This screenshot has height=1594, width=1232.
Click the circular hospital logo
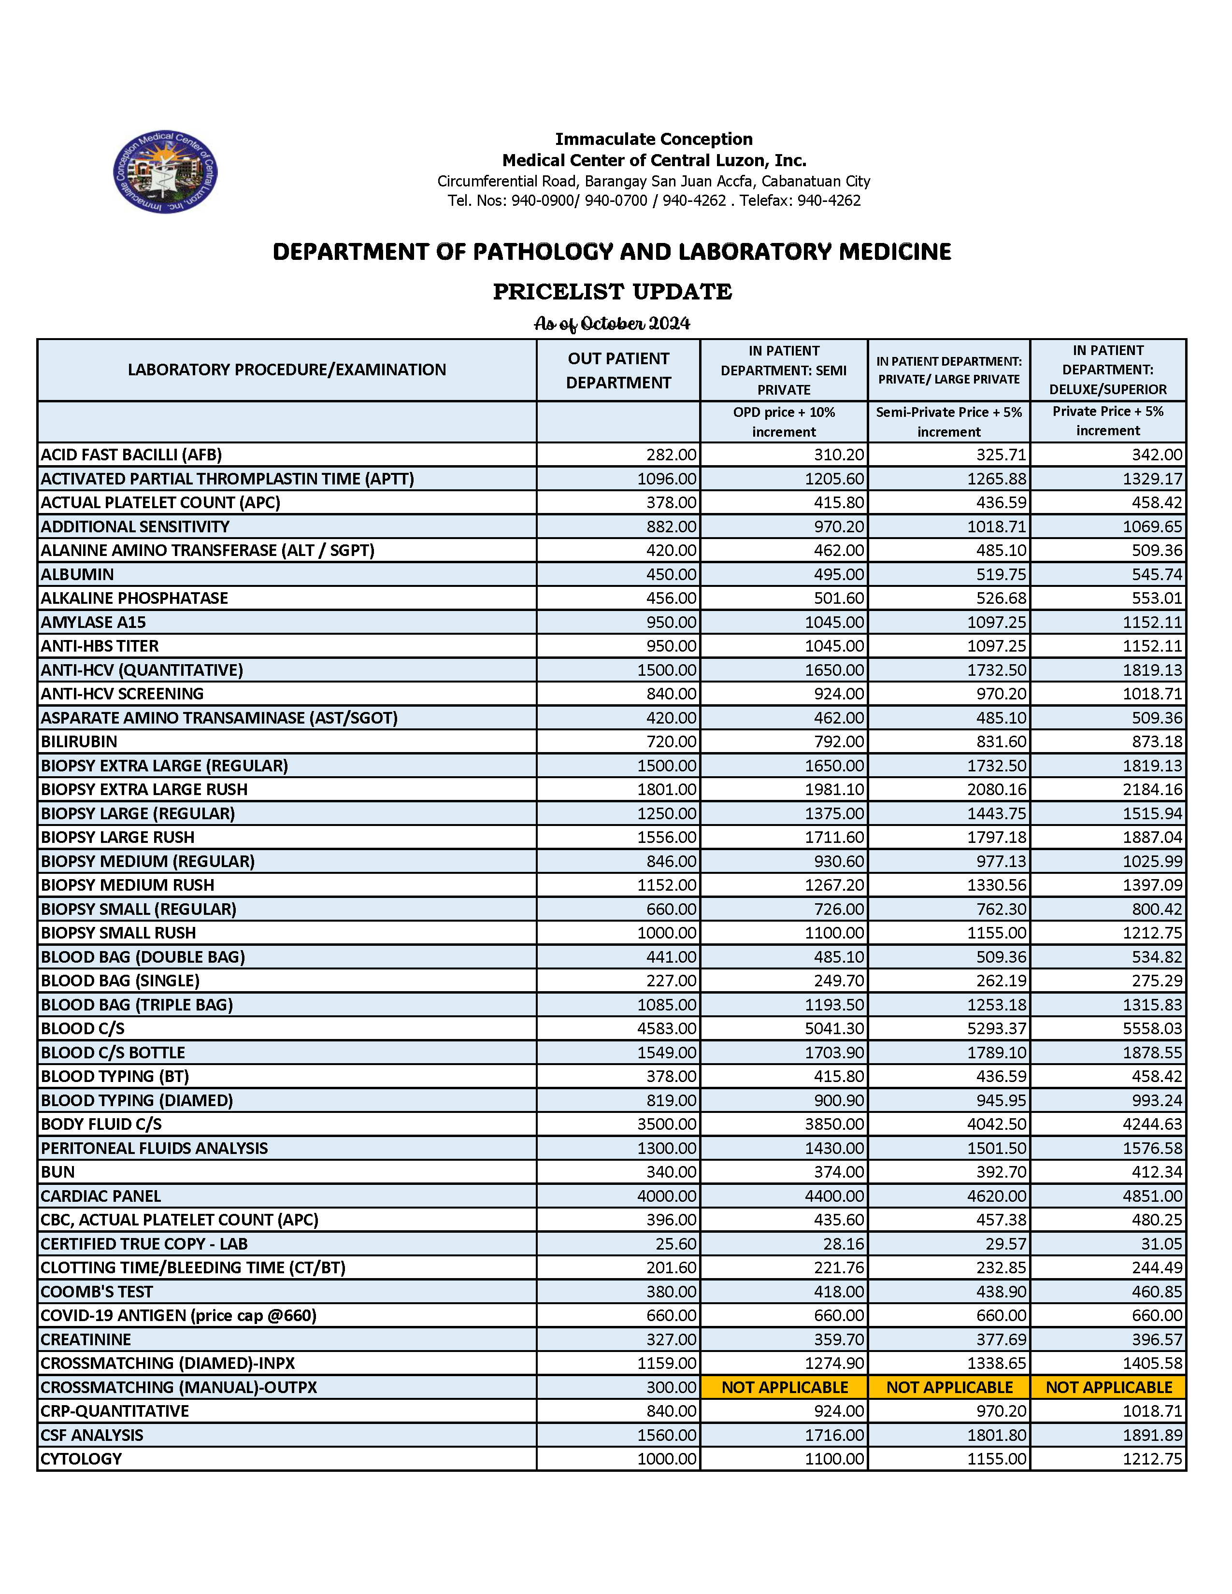[165, 172]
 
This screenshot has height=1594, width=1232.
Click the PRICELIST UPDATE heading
[612, 291]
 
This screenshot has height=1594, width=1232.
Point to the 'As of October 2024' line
[612, 323]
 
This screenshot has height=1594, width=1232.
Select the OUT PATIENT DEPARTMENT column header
[618, 370]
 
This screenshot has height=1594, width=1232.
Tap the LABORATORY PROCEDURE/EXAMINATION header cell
[287, 370]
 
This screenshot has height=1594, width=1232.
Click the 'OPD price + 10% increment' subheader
[784, 422]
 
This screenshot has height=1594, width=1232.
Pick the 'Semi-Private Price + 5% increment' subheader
[949, 422]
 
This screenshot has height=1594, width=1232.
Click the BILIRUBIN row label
[79, 741]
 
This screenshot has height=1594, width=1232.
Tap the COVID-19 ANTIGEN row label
[179, 1315]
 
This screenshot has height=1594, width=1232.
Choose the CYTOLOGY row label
[81, 1458]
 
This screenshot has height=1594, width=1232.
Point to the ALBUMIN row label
[77, 574]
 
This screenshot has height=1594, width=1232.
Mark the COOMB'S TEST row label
[97, 1292]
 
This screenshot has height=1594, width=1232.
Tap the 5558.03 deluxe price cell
[1152, 1028]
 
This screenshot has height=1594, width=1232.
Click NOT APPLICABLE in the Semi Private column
[785, 1387]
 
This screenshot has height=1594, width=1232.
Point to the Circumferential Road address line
[653, 181]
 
